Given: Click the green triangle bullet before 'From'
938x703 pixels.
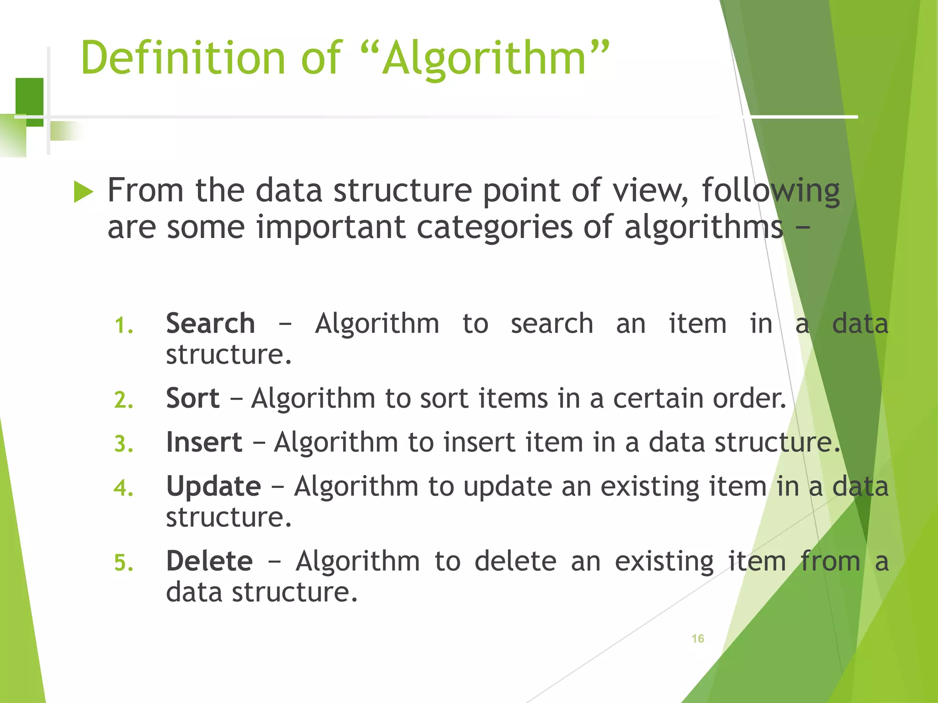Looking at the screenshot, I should [83, 192].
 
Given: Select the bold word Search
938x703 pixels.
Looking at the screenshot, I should [210, 324].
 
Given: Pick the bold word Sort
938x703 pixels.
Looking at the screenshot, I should [192, 398].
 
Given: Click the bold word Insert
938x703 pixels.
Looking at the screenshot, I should [204, 442].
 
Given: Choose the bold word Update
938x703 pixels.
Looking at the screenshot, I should [213, 486].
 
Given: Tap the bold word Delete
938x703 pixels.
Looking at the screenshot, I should [209, 561].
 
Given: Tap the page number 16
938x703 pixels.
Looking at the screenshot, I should [698, 638].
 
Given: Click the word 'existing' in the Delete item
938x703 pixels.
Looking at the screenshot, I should [664, 562].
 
